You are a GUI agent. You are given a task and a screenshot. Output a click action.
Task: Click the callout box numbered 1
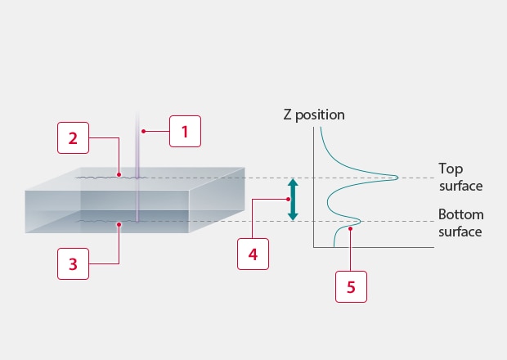pyautogui.click(x=185, y=131)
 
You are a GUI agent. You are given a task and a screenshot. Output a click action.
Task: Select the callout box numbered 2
pyautogui.click(x=73, y=138)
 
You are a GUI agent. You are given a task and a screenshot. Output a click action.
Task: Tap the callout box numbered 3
pyautogui.click(x=73, y=263)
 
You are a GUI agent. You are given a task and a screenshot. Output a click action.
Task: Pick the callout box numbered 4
pyautogui.click(x=253, y=254)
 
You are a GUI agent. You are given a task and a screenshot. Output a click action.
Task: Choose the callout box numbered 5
pyautogui.click(x=351, y=287)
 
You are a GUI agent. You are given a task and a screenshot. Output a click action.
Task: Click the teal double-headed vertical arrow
pyautogui.click(x=293, y=199)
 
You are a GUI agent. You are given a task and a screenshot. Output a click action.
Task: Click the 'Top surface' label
pyautogui.click(x=460, y=177)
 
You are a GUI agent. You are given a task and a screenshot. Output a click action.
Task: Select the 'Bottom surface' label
pyautogui.click(x=460, y=223)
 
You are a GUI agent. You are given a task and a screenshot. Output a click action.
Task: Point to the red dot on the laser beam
pyautogui.click(x=142, y=131)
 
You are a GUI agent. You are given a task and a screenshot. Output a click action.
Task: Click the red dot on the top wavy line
pyautogui.click(x=119, y=174)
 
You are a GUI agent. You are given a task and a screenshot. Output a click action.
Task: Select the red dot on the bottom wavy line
pyautogui.click(x=119, y=221)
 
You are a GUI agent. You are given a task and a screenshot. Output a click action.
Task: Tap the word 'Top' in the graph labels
pyautogui.click(x=451, y=169)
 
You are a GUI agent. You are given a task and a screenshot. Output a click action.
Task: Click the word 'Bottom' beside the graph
pyautogui.click(x=460, y=214)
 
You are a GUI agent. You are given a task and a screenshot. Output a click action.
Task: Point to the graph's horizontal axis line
pyautogui.click(x=372, y=247)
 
